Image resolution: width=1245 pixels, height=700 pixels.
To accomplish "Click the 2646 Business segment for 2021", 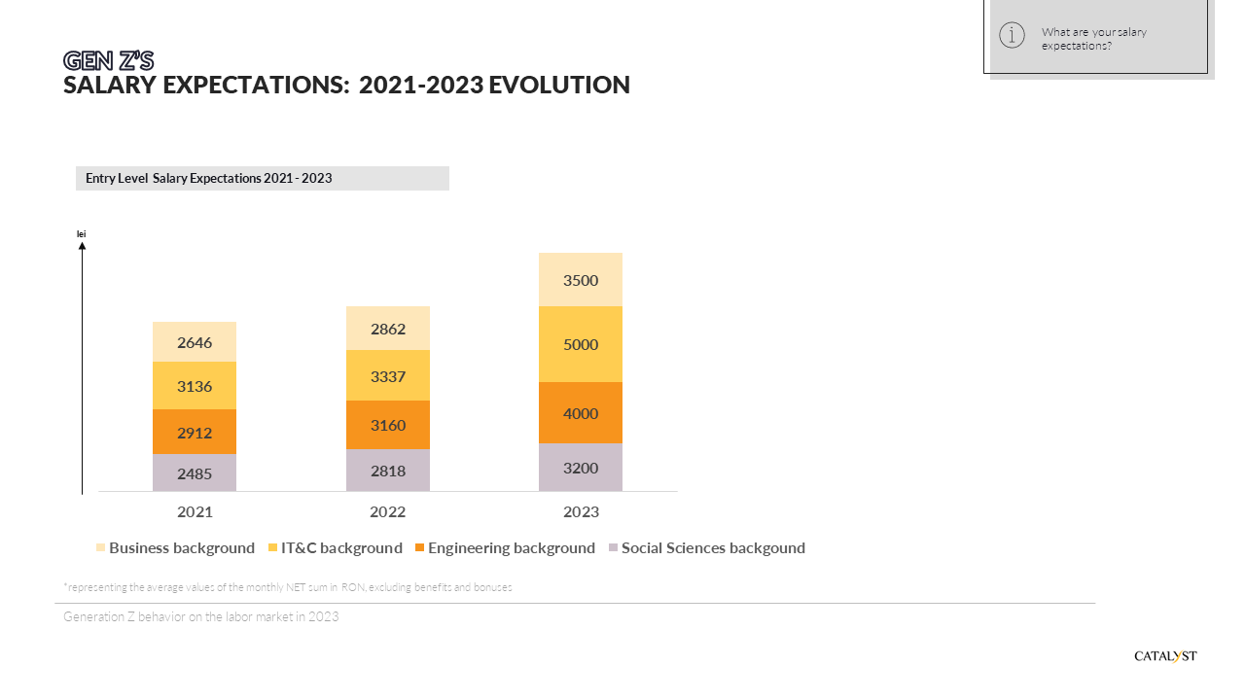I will pos(195,342).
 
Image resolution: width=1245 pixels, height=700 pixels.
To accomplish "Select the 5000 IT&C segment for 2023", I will pos(581,344).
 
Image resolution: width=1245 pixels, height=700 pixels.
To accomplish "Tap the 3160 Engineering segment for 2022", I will pos(388,425).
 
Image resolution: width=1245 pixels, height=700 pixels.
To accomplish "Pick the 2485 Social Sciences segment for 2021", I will pos(195,473).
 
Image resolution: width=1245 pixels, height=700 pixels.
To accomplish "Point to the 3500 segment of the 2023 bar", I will pos(581,280).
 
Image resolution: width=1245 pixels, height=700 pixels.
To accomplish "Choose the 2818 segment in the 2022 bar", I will pos(388,471).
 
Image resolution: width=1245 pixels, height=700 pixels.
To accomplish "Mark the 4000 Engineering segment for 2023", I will pos(581,413).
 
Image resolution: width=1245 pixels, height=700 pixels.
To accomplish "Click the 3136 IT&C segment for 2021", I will pos(195,386).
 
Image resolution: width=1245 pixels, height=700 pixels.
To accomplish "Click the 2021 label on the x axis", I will pos(195,511).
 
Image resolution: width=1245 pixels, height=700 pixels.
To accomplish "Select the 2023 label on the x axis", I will pos(581,511).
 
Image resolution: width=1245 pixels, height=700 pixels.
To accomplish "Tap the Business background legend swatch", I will pos(101,548).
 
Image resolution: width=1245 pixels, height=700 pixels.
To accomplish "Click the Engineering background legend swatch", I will pos(419,548).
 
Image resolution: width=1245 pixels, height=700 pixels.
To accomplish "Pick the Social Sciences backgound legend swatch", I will pos(613,548).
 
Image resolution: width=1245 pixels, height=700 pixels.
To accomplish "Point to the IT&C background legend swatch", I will pos(273,548).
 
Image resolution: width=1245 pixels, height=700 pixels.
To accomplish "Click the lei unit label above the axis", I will pos(82,233).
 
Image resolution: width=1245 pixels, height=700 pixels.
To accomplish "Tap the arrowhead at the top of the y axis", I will pos(82,246).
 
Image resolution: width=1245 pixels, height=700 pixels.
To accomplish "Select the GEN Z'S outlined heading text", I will pos(108,61).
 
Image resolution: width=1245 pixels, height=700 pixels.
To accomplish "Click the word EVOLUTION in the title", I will pos(558,86).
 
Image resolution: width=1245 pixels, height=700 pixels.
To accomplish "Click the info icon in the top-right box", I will pos(1012,36).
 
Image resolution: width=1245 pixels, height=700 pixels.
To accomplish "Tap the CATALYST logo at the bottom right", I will pos(1165,656).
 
